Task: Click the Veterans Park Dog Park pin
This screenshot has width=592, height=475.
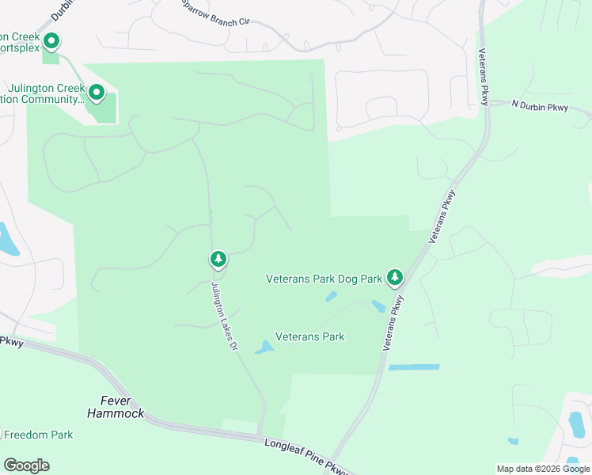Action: coord(395,277)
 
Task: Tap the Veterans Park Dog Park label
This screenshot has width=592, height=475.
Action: coord(324,279)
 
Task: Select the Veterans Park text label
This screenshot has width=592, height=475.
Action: coord(309,336)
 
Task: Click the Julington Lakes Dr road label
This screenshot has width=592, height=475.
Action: coord(224,317)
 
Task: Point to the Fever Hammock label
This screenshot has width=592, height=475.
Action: coord(116,407)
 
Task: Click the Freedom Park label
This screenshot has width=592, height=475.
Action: coord(39,435)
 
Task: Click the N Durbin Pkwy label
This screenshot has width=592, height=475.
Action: coord(540,106)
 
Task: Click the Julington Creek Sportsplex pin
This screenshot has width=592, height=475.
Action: coord(51,40)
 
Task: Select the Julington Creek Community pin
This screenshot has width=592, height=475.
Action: coord(97,93)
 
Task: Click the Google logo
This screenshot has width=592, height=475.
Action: coord(26,465)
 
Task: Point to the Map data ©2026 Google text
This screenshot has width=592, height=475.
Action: coord(543,469)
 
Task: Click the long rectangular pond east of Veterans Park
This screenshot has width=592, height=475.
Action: coord(413,367)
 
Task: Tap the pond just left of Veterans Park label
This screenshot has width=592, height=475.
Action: coord(264,347)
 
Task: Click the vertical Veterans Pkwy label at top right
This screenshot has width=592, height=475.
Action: coord(483,77)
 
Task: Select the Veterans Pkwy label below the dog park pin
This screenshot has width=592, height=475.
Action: coord(393,323)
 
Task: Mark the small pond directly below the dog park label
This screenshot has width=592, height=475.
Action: coord(331,297)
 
